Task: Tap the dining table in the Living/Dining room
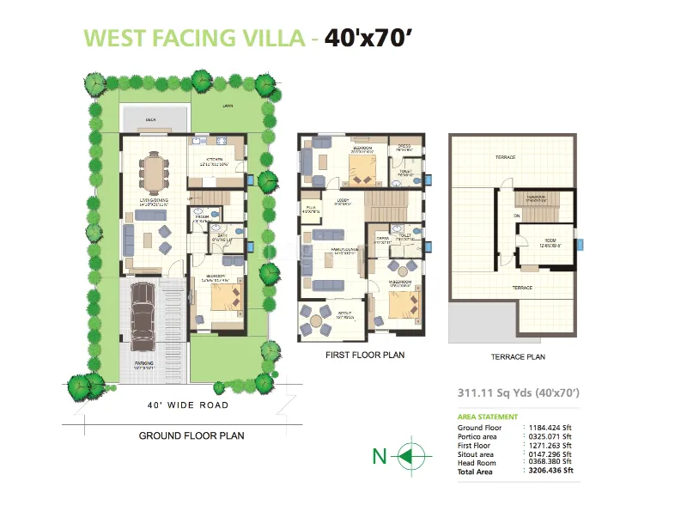click(x=155, y=170)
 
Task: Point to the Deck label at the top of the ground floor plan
click(x=150, y=121)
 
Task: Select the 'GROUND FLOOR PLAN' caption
click(x=192, y=435)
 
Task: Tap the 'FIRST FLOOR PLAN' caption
click(x=364, y=354)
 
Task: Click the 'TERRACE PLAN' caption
click(x=517, y=356)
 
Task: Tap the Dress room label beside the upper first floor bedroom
click(x=404, y=148)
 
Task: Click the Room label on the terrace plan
click(x=550, y=242)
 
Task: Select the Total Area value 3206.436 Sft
click(x=550, y=471)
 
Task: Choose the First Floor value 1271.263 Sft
click(x=550, y=445)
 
